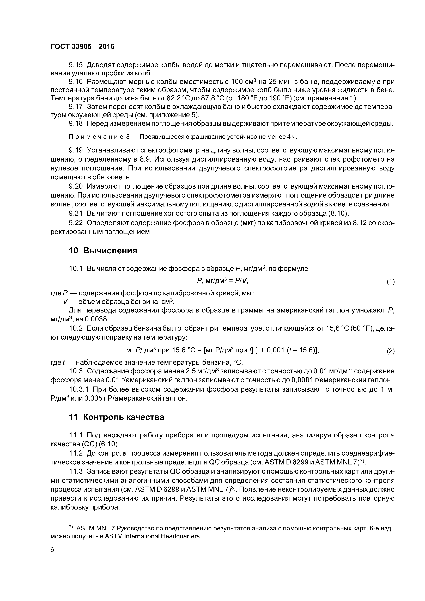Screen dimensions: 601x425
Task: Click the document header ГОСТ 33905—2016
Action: (x=82, y=47)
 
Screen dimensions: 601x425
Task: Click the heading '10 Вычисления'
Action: (x=103, y=250)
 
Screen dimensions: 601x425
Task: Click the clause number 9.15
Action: (x=75, y=65)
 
